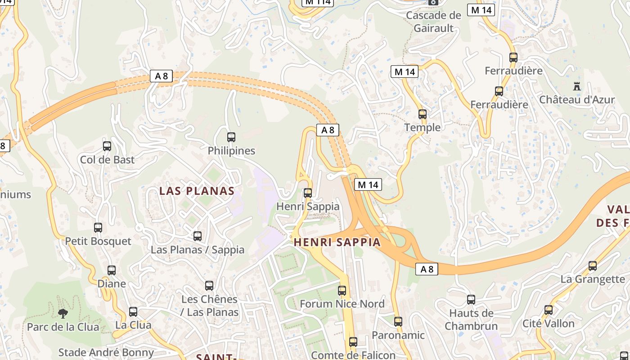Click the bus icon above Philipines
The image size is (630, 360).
tap(231, 137)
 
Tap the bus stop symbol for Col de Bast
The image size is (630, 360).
tap(107, 146)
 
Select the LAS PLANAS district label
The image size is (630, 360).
tap(197, 191)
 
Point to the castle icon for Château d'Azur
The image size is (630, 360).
tap(577, 86)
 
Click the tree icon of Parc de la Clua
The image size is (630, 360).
tap(63, 313)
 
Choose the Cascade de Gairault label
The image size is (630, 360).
tap(433, 22)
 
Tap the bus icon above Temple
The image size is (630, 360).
tap(423, 114)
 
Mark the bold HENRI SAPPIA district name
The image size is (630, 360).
tap(337, 242)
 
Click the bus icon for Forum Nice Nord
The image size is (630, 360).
tap(342, 291)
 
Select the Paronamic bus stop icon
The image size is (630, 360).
tap(398, 322)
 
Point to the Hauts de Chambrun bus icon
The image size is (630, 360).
tap(471, 300)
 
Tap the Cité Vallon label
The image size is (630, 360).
tap(548, 324)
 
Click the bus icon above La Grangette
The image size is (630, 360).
tap(593, 266)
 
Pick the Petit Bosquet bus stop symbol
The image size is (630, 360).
tap(98, 228)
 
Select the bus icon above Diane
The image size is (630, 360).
tap(112, 270)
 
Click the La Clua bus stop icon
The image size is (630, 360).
tap(133, 312)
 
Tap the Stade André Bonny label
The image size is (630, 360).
tap(106, 352)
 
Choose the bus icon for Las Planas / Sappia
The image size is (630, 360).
tap(198, 236)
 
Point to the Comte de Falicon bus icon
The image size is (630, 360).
tap(353, 342)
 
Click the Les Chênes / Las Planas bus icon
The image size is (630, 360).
tap(209, 286)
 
